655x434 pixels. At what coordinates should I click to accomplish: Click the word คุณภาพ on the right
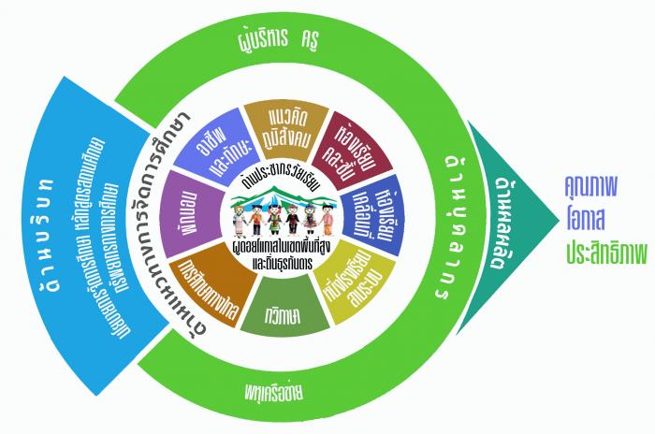(x=587, y=188)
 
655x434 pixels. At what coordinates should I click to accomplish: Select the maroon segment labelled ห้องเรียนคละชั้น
(x=351, y=140)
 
